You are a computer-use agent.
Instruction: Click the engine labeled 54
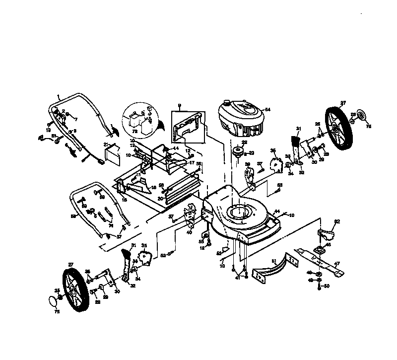[242, 120]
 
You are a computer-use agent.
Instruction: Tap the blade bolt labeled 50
[326, 287]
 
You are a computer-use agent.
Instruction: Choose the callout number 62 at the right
[336, 221]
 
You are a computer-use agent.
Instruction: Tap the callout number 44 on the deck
[277, 212]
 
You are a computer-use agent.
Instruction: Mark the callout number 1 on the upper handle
[58, 95]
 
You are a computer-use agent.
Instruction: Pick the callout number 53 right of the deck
[279, 185]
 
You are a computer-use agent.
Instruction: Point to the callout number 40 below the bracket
[189, 231]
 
